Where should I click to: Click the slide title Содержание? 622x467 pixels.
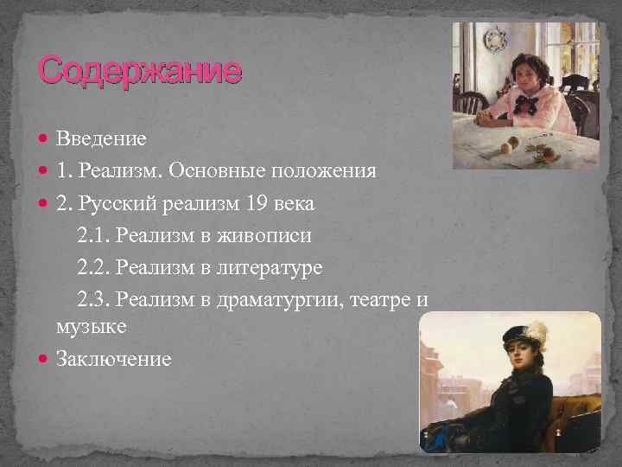(140, 70)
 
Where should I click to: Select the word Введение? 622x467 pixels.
(101, 138)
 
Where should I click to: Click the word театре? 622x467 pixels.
(384, 300)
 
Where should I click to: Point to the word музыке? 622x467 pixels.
(91, 327)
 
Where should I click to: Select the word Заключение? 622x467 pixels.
(113, 358)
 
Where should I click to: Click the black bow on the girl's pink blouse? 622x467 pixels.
(524, 105)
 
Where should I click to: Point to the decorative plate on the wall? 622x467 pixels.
(495, 38)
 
